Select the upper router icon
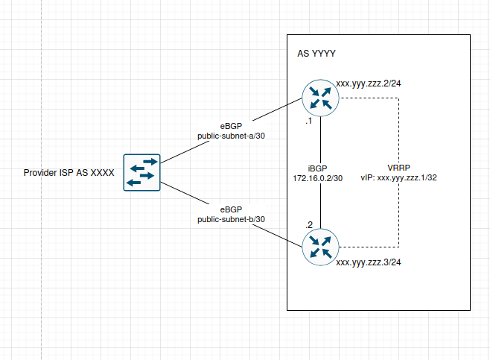coord(320,98)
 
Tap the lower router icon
coord(320,247)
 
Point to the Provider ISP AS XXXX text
coord(69,173)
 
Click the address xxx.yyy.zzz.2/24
coord(369,83)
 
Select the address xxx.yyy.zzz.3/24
coord(369,262)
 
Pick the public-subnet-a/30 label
coord(231,136)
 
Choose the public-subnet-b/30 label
coord(231,219)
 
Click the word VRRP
coord(399,168)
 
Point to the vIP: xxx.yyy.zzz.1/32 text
coord(399,179)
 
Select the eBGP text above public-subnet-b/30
coord(231,209)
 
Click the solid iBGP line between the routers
coord(320,142)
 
